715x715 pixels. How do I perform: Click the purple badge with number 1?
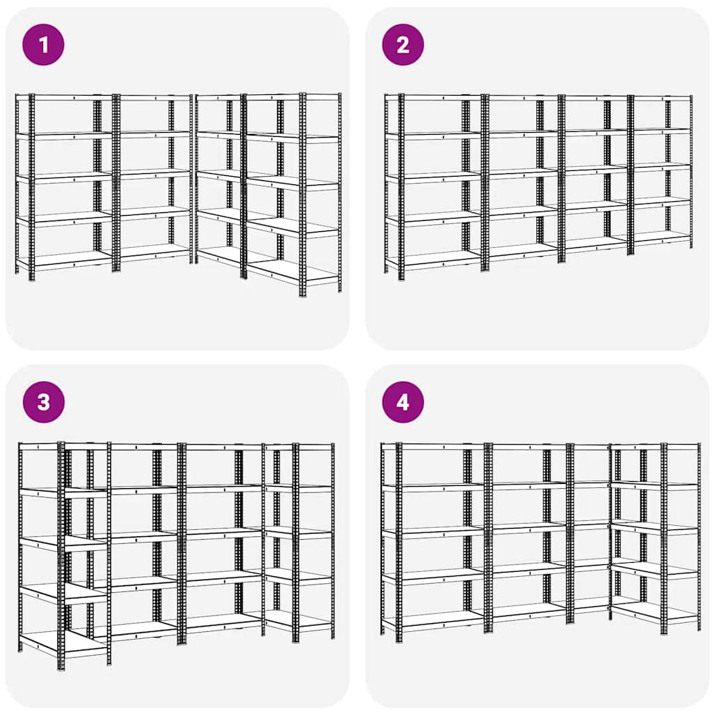[43, 45]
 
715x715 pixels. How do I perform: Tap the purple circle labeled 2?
[403, 45]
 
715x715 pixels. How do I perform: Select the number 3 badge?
[43, 402]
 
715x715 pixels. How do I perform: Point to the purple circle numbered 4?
[403, 402]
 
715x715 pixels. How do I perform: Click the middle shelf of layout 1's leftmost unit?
[66, 177]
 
